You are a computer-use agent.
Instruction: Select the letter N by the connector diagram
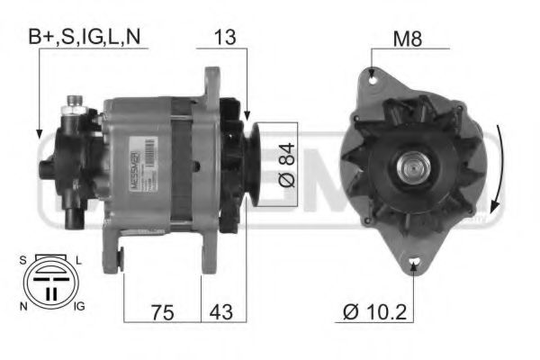(x=22, y=307)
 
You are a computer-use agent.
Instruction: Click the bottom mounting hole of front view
(x=414, y=265)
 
